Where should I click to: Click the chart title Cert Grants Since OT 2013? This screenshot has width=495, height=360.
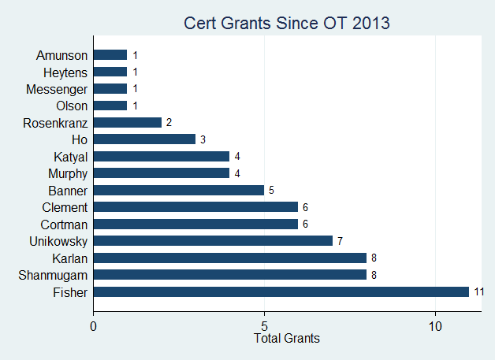(x=287, y=23)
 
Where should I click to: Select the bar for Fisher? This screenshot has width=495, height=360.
(x=281, y=291)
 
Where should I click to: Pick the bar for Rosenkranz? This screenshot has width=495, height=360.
(x=128, y=122)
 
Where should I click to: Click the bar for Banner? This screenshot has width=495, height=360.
(x=179, y=190)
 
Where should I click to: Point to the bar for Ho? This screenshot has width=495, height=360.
(x=144, y=139)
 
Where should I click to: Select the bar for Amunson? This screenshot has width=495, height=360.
(x=110, y=55)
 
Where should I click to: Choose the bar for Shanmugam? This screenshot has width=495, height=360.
(x=230, y=274)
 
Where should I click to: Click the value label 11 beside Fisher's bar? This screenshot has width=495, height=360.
(x=478, y=291)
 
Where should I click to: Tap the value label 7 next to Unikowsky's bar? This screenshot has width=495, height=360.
(x=341, y=240)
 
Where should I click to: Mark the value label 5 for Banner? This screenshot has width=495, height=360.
(x=272, y=190)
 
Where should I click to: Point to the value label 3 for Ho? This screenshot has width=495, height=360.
(x=203, y=139)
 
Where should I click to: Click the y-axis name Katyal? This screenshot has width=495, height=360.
(x=70, y=156)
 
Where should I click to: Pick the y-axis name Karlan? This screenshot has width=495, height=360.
(x=69, y=258)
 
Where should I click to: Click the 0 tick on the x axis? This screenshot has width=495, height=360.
(x=94, y=325)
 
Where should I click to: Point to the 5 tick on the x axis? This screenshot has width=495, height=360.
(x=265, y=325)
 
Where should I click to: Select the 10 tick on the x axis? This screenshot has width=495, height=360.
(x=435, y=325)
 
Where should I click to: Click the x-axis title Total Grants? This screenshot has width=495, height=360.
(x=287, y=339)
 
